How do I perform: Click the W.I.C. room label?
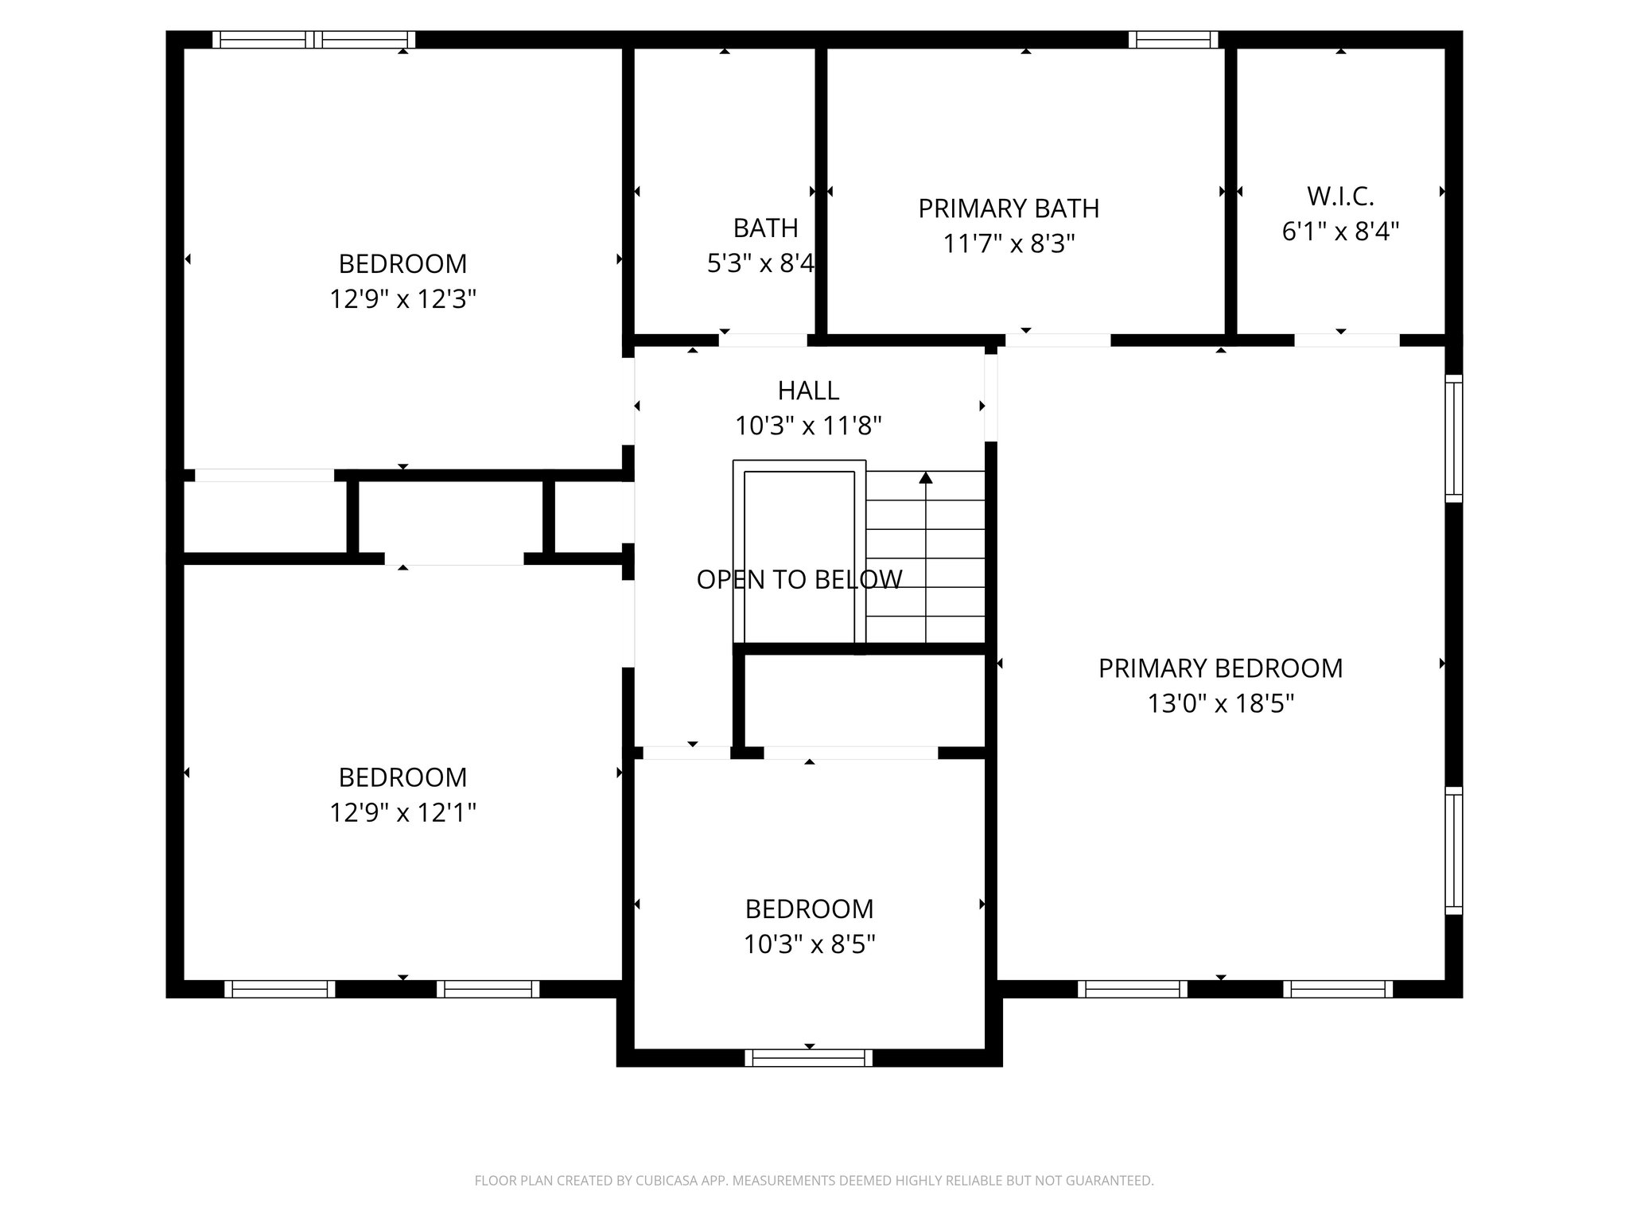pyautogui.click(x=1340, y=196)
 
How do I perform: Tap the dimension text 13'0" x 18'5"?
pyautogui.click(x=1220, y=703)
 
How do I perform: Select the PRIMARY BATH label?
pyautogui.click(x=1008, y=208)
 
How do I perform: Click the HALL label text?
pyautogui.click(x=808, y=391)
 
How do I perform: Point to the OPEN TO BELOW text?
pyautogui.click(x=799, y=579)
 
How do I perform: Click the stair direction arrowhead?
pyautogui.click(x=926, y=478)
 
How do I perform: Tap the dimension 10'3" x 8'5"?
pyautogui.click(x=809, y=944)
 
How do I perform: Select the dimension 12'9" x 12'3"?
pyautogui.click(x=402, y=299)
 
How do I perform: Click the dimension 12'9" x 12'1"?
pyautogui.click(x=402, y=812)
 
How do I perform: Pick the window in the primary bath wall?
pyautogui.click(x=1172, y=40)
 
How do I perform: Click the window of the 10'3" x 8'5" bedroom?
pyautogui.click(x=808, y=1057)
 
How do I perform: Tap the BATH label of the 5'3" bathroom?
pyautogui.click(x=765, y=228)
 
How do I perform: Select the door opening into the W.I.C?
pyautogui.click(x=1346, y=341)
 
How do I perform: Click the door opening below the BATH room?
pyautogui.click(x=763, y=341)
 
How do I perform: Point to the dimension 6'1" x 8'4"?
pyautogui.click(x=1340, y=232)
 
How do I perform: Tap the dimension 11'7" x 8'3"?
pyautogui.click(x=1008, y=243)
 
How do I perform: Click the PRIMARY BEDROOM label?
pyautogui.click(x=1220, y=668)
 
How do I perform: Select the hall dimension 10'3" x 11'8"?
pyautogui.click(x=808, y=426)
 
